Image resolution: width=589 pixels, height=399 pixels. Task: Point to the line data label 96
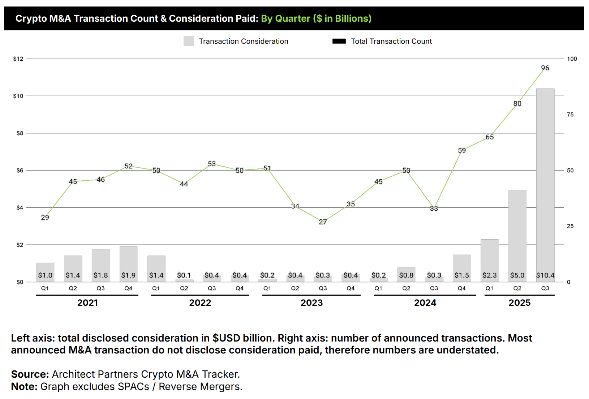[545, 68]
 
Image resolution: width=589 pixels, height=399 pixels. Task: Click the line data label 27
[323, 222]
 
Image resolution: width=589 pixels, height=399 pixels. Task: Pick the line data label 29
[45, 218]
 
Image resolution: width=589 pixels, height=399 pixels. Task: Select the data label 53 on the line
[212, 164]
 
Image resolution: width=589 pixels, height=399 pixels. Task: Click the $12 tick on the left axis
[18, 59]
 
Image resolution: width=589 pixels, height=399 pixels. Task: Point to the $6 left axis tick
[20, 171]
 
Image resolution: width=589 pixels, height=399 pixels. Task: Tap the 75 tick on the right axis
[570, 115]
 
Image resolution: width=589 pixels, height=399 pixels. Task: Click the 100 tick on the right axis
[572, 59]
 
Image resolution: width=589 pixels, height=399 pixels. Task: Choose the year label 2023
[311, 303]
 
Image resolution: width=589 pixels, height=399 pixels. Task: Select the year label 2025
[519, 303]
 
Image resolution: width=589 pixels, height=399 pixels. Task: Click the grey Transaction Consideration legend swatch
[189, 41]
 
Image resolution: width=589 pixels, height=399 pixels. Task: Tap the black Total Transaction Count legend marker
[339, 41]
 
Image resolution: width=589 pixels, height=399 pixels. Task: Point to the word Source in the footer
[29, 374]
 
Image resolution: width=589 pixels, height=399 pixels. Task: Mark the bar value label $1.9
[128, 275]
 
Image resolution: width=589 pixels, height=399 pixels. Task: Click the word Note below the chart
[23, 387]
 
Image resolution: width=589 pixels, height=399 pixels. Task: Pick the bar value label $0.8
[406, 275]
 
